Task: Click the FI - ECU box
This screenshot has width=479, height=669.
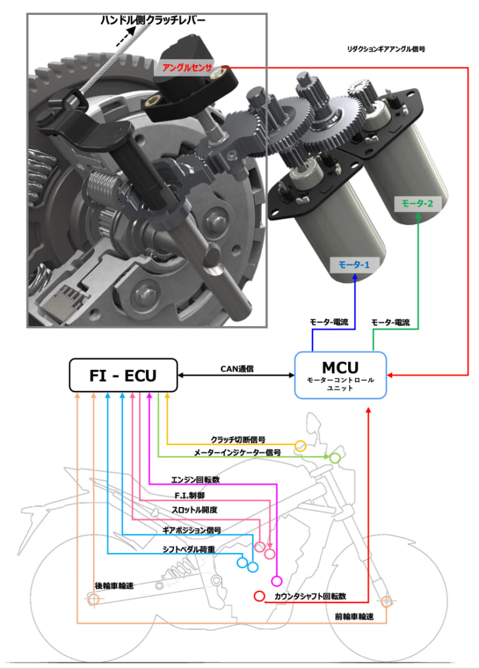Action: click(123, 375)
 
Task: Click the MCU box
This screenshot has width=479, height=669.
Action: click(341, 375)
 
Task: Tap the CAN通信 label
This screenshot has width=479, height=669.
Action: click(236, 368)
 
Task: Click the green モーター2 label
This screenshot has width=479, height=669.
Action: click(417, 203)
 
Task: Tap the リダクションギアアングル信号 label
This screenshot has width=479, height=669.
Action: click(385, 49)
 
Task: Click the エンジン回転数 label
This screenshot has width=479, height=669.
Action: click(195, 480)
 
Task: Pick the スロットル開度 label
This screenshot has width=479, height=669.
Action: click(195, 509)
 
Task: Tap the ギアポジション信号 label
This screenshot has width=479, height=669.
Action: click(191, 530)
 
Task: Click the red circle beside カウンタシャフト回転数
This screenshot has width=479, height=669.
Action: click(259, 596)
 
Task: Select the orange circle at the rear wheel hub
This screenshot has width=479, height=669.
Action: click(93, 600)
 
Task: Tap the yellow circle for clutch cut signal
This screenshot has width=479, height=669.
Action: click(300, 445)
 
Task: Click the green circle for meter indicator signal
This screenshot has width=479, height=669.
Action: click(335, 458)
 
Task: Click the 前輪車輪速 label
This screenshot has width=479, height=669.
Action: click(354, 617)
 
